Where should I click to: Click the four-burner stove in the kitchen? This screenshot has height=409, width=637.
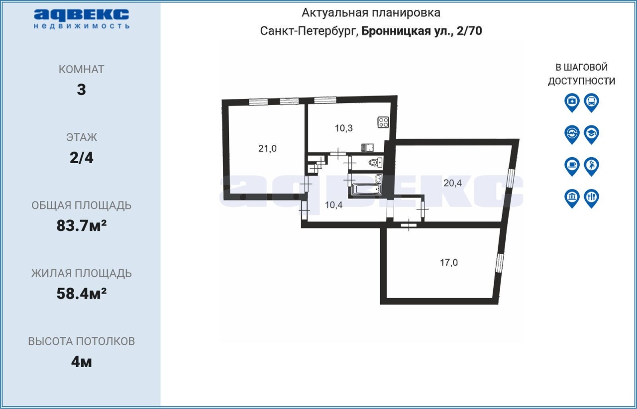click(383, 122)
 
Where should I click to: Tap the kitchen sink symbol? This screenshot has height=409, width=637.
click(367, 148)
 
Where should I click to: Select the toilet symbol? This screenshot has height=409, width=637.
click(375, 163)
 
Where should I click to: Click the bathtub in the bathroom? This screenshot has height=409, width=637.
click(367, 189)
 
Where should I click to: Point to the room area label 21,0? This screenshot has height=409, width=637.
click(267, 148)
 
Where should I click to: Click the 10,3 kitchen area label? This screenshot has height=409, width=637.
click(343, 128)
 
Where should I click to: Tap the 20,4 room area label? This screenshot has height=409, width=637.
click(452, 183)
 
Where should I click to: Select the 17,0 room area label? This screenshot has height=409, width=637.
click(449, 263)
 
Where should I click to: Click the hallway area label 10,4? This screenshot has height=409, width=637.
click(333, 205)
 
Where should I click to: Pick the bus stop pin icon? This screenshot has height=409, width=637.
click(592, 102)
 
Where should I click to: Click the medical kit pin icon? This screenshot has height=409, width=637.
click(572, 102)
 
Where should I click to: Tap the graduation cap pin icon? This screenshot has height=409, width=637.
click(592, 134)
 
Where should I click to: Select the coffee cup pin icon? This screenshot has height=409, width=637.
click(572, 166)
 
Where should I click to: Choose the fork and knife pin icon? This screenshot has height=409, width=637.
click(592, 198)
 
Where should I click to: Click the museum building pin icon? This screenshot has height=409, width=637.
click(572, 198)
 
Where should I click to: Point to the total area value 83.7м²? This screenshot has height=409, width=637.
click(82, 226)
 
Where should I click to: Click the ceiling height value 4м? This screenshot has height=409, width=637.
click(82, 362)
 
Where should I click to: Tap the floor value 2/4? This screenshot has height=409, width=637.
click(82, 158)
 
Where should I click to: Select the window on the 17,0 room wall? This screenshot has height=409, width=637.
click(500, 263)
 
